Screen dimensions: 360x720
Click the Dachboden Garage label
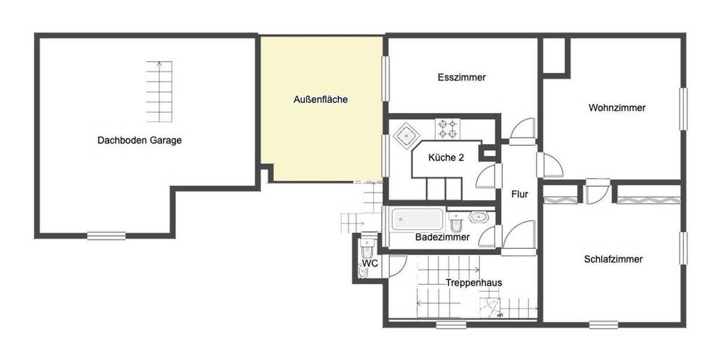pos(139,140)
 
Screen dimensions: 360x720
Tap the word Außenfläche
pos(320,100)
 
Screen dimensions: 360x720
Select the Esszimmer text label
pos(461,77)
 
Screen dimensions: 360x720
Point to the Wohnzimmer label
pos(617,108)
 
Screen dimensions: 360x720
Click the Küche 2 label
pos(446,158)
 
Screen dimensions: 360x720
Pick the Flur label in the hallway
pos(520,194)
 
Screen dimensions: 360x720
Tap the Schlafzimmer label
pos(613,259)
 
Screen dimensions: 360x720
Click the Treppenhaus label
pos(473,283)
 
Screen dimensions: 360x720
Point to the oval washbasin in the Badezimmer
pos(479,217)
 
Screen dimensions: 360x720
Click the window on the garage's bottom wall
pos(106,236)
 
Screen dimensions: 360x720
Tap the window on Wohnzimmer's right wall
pos(683,109)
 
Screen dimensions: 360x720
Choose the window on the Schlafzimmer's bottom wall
pos(604,325)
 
